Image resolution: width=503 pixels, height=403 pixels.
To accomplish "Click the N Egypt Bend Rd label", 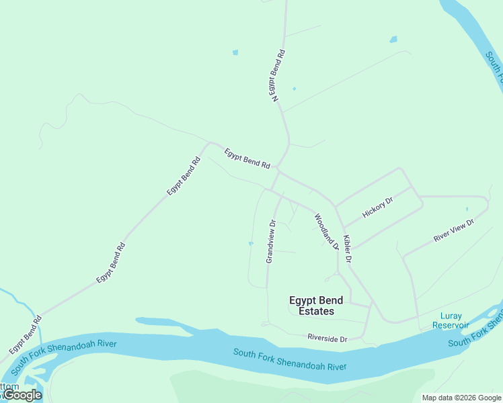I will click(x=279, y=75).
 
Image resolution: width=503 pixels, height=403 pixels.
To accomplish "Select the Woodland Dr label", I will click(x=326, y=232).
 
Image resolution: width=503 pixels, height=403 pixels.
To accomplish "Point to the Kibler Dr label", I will click(x=348, y=249).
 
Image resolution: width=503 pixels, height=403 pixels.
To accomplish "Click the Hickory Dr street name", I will click(x=377, y=208).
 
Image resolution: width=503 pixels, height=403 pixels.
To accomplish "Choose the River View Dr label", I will click(x=454, y=230).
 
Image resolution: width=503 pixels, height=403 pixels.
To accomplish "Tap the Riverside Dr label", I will click(x=327, y=339).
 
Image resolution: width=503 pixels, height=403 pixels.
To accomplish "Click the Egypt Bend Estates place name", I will click(x=316, y=306).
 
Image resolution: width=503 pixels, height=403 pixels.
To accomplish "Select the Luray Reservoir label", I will click(x=451, y=320).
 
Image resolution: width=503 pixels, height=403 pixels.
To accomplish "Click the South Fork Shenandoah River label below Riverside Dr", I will click(x=290, y=359).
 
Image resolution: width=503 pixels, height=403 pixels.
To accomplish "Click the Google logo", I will click(x=22, y=395).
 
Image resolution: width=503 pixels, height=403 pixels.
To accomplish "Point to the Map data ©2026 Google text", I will click(x=462, y=398).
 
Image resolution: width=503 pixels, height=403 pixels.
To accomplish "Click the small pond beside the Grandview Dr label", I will click(x=251, y=243).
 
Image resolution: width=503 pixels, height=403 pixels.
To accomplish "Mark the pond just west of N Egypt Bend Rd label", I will click(x=235, y=52).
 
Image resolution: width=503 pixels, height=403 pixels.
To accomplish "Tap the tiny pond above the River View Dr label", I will click(x=467, y=209).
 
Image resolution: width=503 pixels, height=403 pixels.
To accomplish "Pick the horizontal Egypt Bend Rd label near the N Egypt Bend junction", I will click(x=247, y=158).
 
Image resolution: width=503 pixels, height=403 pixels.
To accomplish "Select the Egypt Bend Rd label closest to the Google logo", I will click(x=26, y=334).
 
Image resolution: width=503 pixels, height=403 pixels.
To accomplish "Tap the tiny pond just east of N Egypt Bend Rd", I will click(x=294, y=89).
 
